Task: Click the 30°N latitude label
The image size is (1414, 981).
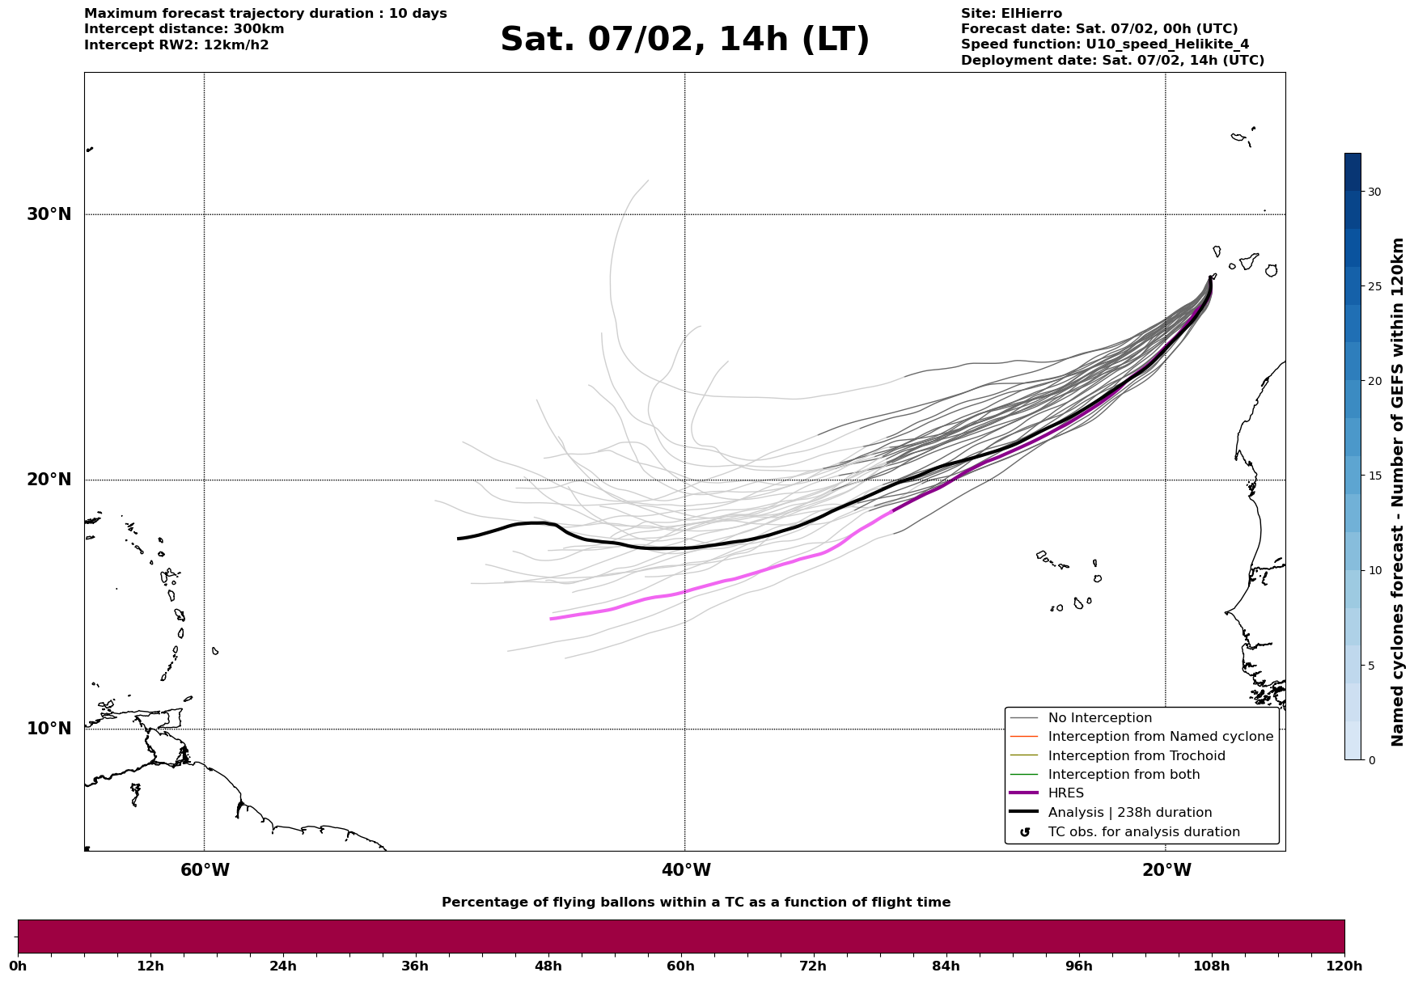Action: (x=49, y=214)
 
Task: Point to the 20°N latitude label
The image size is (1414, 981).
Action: (x=49, y=480)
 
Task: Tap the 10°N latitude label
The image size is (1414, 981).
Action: (x=49, y=729)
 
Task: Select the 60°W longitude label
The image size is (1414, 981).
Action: (x=205, y=870)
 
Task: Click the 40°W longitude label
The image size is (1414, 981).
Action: (x=686, y=870)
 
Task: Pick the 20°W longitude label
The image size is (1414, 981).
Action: (x=1166, y=870)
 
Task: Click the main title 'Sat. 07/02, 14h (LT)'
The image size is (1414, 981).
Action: (x=684, y=40)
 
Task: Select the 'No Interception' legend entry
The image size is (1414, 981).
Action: (x=1099, y=718)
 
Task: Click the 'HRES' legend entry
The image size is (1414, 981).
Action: (x=1065, y=793)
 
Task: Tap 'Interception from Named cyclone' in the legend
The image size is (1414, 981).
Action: (x=1160, y=737)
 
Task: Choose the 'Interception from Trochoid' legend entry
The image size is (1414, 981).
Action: (x=1136, y=756)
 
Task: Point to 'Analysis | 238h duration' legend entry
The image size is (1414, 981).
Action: (x=1129, y=813)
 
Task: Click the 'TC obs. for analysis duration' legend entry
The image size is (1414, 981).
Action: (x=1143, y=832)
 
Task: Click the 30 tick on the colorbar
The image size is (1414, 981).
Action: (x=1374, y=192)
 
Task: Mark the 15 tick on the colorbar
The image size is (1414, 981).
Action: (x=1374, y=476)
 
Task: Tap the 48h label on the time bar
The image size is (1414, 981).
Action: (x=548, y=966)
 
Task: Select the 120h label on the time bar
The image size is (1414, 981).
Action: (x=1344, y=966)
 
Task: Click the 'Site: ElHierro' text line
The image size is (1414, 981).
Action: (x=1011, y=14)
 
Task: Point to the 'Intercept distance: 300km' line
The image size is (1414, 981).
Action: (x=184, y=29)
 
